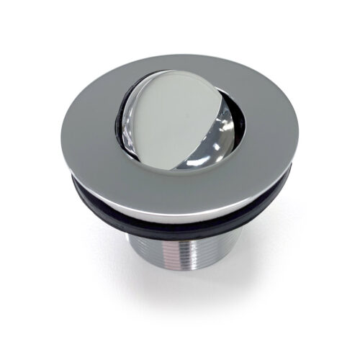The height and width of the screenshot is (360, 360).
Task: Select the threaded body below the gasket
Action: click(180, 266)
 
